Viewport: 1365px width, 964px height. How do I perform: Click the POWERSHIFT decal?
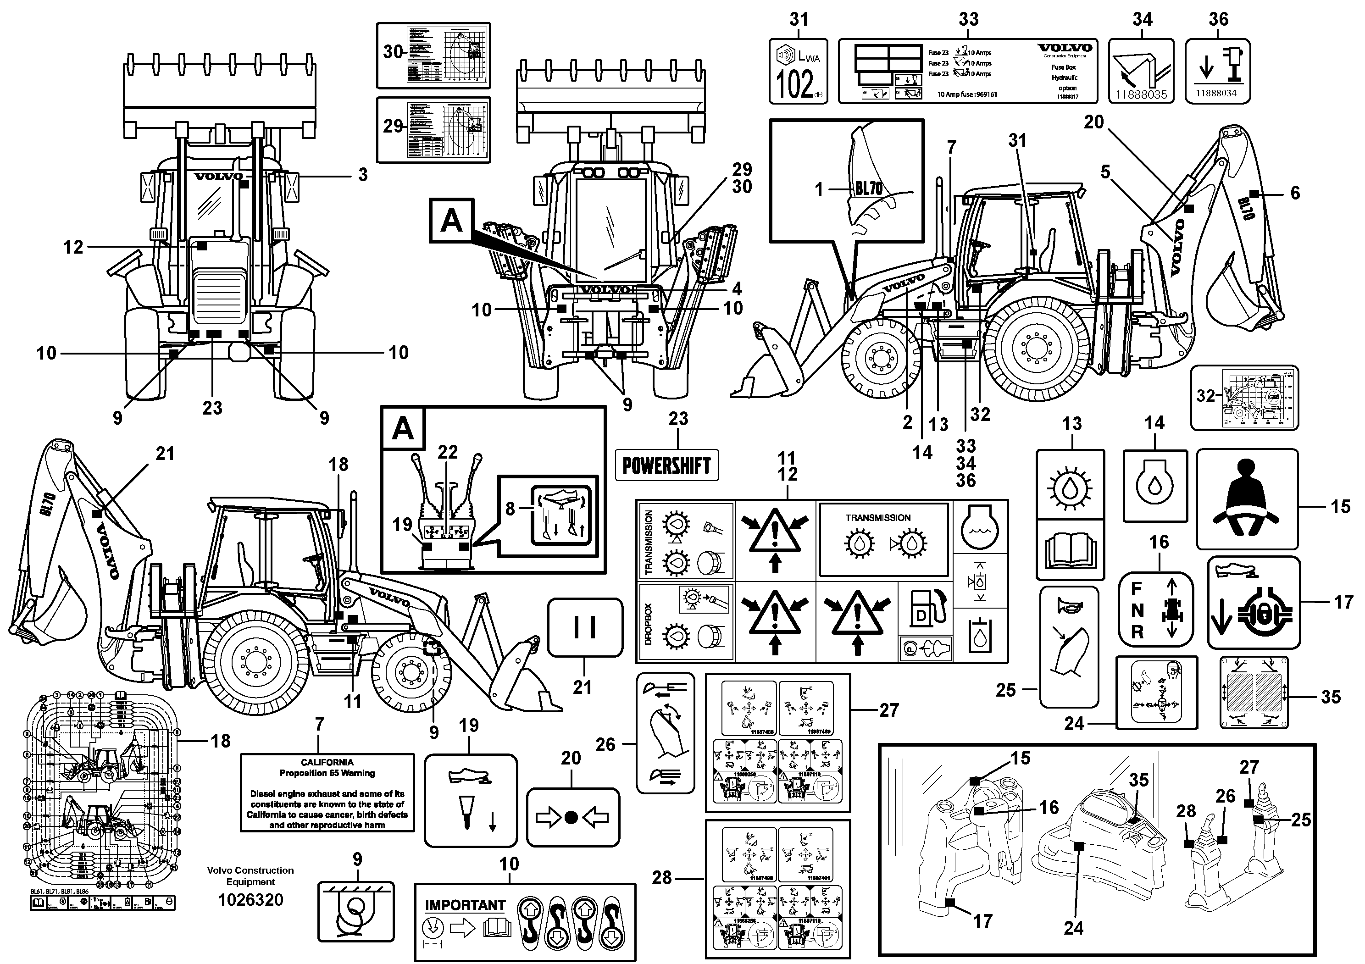click(x=666, y=465)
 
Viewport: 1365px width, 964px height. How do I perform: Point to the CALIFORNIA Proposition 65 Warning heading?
click(x=327, y=767)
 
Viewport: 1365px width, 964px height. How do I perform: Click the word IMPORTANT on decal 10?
click(x=465, y=905)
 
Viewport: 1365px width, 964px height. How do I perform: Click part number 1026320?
click(x=250, y=900)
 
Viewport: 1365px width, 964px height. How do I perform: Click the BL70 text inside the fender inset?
click(x=869, y=189)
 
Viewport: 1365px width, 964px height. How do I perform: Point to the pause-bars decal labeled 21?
click(x=585, y=628)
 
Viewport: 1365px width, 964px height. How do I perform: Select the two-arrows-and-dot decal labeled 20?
click(x=572, y=818)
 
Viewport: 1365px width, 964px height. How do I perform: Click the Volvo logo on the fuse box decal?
click(x=1065, y=48)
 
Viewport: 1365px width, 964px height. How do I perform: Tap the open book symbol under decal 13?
click(x=1070, y=553)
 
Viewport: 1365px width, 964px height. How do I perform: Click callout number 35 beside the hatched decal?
click(x=1331, y=697)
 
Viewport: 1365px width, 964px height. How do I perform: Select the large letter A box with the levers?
click(x=403, y=428)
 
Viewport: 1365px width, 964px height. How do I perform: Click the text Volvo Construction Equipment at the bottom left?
click(x=250, y=876)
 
